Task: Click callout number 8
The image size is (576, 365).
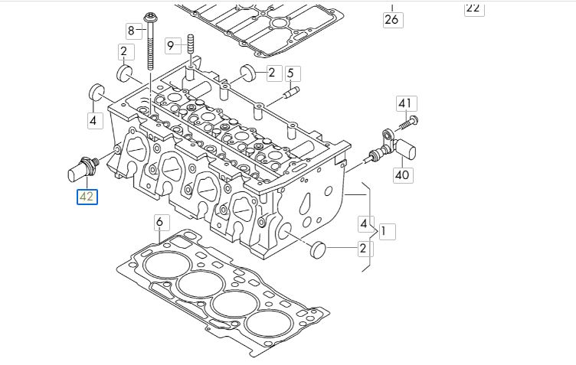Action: point(131,31)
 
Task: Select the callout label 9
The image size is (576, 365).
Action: point(170,45)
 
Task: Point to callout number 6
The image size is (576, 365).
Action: point(159,223)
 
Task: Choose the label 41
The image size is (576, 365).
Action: point(404,103)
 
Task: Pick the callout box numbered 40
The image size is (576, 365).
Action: point(403,174)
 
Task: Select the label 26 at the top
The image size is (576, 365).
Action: point(391,20)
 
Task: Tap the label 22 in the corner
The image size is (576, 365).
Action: point(473,8)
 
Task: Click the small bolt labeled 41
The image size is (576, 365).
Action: point(411,119)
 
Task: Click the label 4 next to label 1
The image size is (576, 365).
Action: point(363,223)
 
